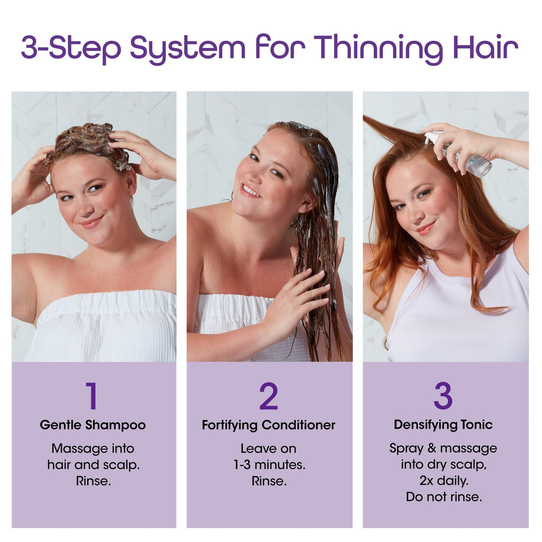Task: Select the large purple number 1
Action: point(92,395)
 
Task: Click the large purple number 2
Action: point(268,395)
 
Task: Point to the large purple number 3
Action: point(443,395)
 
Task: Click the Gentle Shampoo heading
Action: point(93,425)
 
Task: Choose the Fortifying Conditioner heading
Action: point(268,425)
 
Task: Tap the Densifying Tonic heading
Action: point(443,425)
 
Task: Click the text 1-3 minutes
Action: point(269,465)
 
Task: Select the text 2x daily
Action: point(444,481)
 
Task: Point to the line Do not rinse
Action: point(444,496)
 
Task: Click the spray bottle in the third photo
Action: point(460,155)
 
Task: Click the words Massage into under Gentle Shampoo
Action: point(93,449)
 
